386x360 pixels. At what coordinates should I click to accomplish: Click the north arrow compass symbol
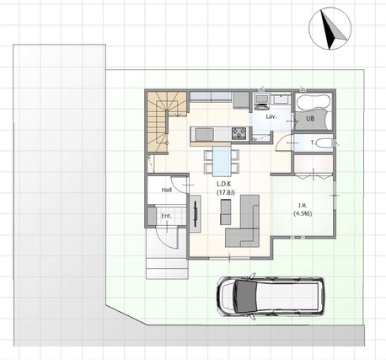point(330,29)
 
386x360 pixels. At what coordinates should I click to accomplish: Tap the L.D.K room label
point(223,184)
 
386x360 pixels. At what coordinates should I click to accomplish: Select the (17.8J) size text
point(225,193)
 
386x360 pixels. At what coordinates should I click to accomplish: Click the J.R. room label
point(303,205)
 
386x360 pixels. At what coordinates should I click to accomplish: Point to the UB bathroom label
point(310,119)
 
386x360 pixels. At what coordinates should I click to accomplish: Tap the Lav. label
point(271,116)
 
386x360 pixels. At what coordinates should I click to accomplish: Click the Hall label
point(167,190)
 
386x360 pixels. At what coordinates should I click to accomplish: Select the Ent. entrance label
point(167,216)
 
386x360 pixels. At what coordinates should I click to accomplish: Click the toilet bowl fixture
point(324,143)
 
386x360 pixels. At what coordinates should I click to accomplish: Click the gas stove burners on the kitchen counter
point(239,133)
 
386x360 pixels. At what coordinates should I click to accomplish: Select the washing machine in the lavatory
point(262,100)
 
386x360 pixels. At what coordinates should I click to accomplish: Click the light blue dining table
point(222,160)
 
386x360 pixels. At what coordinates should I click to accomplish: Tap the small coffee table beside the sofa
point(225,212)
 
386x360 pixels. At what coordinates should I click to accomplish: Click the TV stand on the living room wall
point(196,213)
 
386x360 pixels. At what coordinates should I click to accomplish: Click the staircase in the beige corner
point(165,122)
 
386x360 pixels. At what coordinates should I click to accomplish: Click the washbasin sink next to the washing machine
point(281,99)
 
